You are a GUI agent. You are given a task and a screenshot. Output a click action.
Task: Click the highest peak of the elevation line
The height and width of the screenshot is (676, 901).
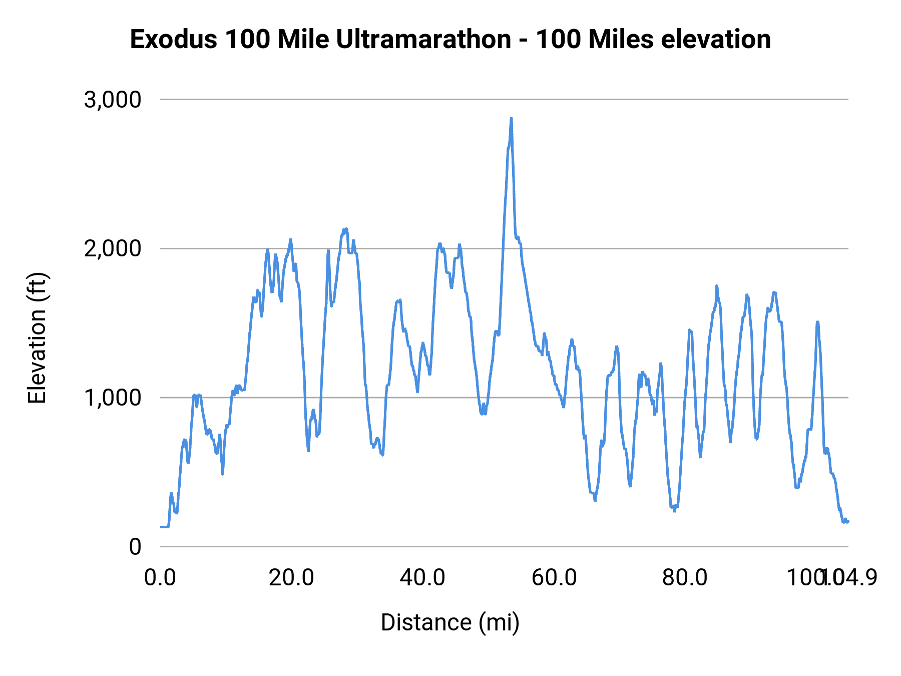point(511,119)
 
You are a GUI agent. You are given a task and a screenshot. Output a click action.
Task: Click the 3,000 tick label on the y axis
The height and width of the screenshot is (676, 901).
point(113,100)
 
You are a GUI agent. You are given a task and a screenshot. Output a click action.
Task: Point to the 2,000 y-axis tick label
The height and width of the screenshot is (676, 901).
point(113,248)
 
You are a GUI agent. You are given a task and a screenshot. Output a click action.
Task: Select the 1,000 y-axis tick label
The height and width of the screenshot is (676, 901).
point(113,398)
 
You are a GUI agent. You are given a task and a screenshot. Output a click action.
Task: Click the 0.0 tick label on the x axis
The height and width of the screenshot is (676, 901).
point(160,578)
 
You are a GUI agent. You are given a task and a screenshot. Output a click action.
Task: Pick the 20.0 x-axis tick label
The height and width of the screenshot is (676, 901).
point(291,578)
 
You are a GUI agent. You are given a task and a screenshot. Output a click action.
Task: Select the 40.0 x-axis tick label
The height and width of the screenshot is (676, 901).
point(422,578)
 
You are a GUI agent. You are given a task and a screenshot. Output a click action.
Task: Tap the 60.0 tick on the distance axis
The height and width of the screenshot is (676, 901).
point(554,578)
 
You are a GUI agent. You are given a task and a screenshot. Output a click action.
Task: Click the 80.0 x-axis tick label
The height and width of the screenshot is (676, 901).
point(685,578)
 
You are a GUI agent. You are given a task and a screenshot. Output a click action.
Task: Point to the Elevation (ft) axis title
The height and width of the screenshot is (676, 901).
point(37,339)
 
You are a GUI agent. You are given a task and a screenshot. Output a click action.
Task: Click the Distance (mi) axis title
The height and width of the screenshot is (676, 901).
point(450,623)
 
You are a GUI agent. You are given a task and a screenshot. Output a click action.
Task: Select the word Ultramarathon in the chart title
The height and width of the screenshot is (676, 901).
point(423,40)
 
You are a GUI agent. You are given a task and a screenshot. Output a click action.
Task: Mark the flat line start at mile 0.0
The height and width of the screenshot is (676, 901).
point(161,527)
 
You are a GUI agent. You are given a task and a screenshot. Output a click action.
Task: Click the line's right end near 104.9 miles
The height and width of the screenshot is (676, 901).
point(848,522)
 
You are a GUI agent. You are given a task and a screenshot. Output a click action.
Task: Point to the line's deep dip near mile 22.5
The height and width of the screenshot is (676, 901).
point(308,450)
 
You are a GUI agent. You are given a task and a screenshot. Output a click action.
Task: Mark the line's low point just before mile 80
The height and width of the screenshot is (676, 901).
point(674,511)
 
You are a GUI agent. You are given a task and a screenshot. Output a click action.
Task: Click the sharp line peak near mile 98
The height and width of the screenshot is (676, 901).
point(817,322)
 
